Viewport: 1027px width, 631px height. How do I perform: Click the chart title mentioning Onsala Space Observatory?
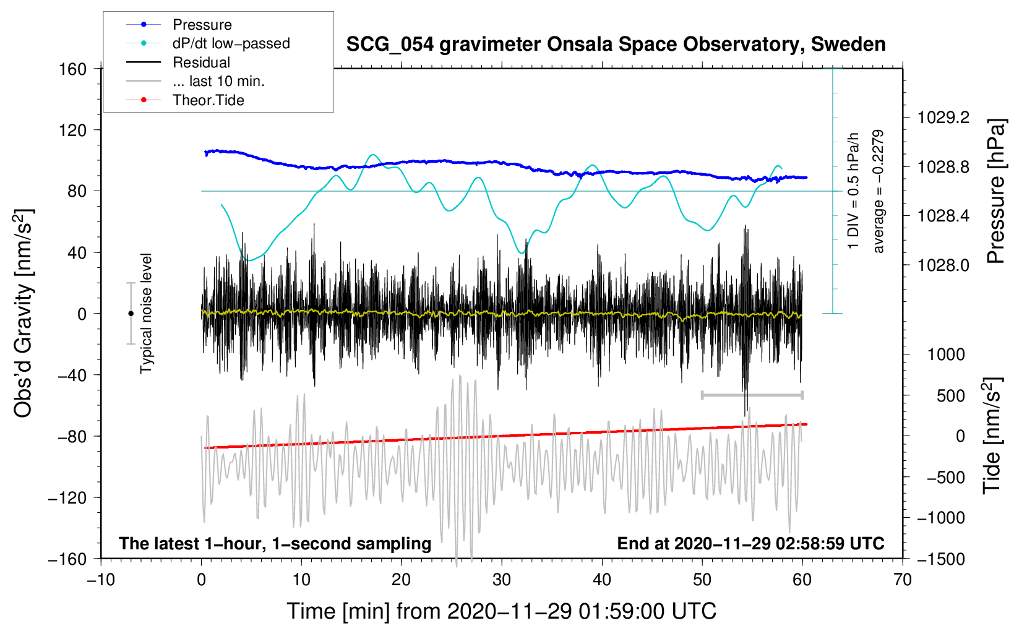pyautogui.click(x=616, y=45)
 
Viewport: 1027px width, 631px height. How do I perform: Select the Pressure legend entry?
pyautogui.click(x=202, y=25)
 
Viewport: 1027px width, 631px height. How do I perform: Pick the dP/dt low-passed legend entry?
pyautogui.click(x=231, y=43)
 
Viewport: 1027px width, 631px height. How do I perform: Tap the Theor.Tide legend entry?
pyautogui.click(x=208, y=100)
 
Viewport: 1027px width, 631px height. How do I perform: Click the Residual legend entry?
pyautogui.click(x=201, y=62)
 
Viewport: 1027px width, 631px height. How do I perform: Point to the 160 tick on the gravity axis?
pyautogui.click(x=73, y=69)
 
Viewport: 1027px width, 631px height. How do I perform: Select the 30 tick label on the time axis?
pyautogui.click(x=501, y=580)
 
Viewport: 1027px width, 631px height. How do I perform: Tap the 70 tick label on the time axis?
pyautogui.click(x=902, y=580)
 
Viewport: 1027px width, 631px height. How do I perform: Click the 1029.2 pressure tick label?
pyautogui.click(x=943, y=118)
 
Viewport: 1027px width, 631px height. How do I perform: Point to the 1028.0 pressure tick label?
pyautogui.click(x=943, y=265)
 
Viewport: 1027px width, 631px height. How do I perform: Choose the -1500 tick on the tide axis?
pyautogui.click(x=942, y=559)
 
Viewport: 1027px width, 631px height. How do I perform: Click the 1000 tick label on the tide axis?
pyautogui.click(x=946, y=354)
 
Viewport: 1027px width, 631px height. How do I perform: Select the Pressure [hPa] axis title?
pyautogui.click(x=996, y=192)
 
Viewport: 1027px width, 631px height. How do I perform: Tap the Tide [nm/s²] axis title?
pyautogui.click(x=992, y=436)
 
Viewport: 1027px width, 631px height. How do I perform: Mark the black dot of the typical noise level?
pyautogui.click(x=131, y=314)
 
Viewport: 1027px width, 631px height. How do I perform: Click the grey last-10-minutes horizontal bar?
pyautogui.click(x=752, y=395)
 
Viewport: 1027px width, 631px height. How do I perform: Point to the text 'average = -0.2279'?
pyautogui.click(x=879, y=192)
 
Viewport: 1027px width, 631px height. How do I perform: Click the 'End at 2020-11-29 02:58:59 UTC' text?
pyautogui.click(x=750, y=543)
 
